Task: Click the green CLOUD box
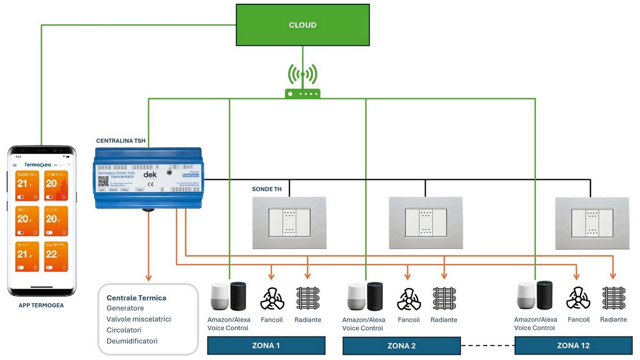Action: pyautogui.click(x=302, y=25)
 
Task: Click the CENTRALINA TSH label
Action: pyautogui.click(x=121, y=140)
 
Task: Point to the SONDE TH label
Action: pyautogui.click(x=269, y=189)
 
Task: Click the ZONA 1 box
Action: pyautogui.click(x=266, y=345)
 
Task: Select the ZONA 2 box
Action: pyautogui.click(x=402, y=346)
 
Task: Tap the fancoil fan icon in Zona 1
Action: pyautogui.click(x=272, y=299)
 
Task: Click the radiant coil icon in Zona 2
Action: pyautogui.click(x=444, y=299)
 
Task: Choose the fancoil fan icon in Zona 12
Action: pyautogui.click(x=578, y=299)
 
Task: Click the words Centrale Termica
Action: pyautogui.click(x=137, y=298)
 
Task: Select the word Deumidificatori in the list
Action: pyautogui.click(x=132, y=341)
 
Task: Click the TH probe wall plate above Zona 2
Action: pyautogui.click(x=425, y=222)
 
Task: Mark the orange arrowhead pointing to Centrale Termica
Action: pyautogui.click(x=149, y=277)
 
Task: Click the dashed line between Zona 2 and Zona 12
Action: pyautogui.click(x=487, y=346)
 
